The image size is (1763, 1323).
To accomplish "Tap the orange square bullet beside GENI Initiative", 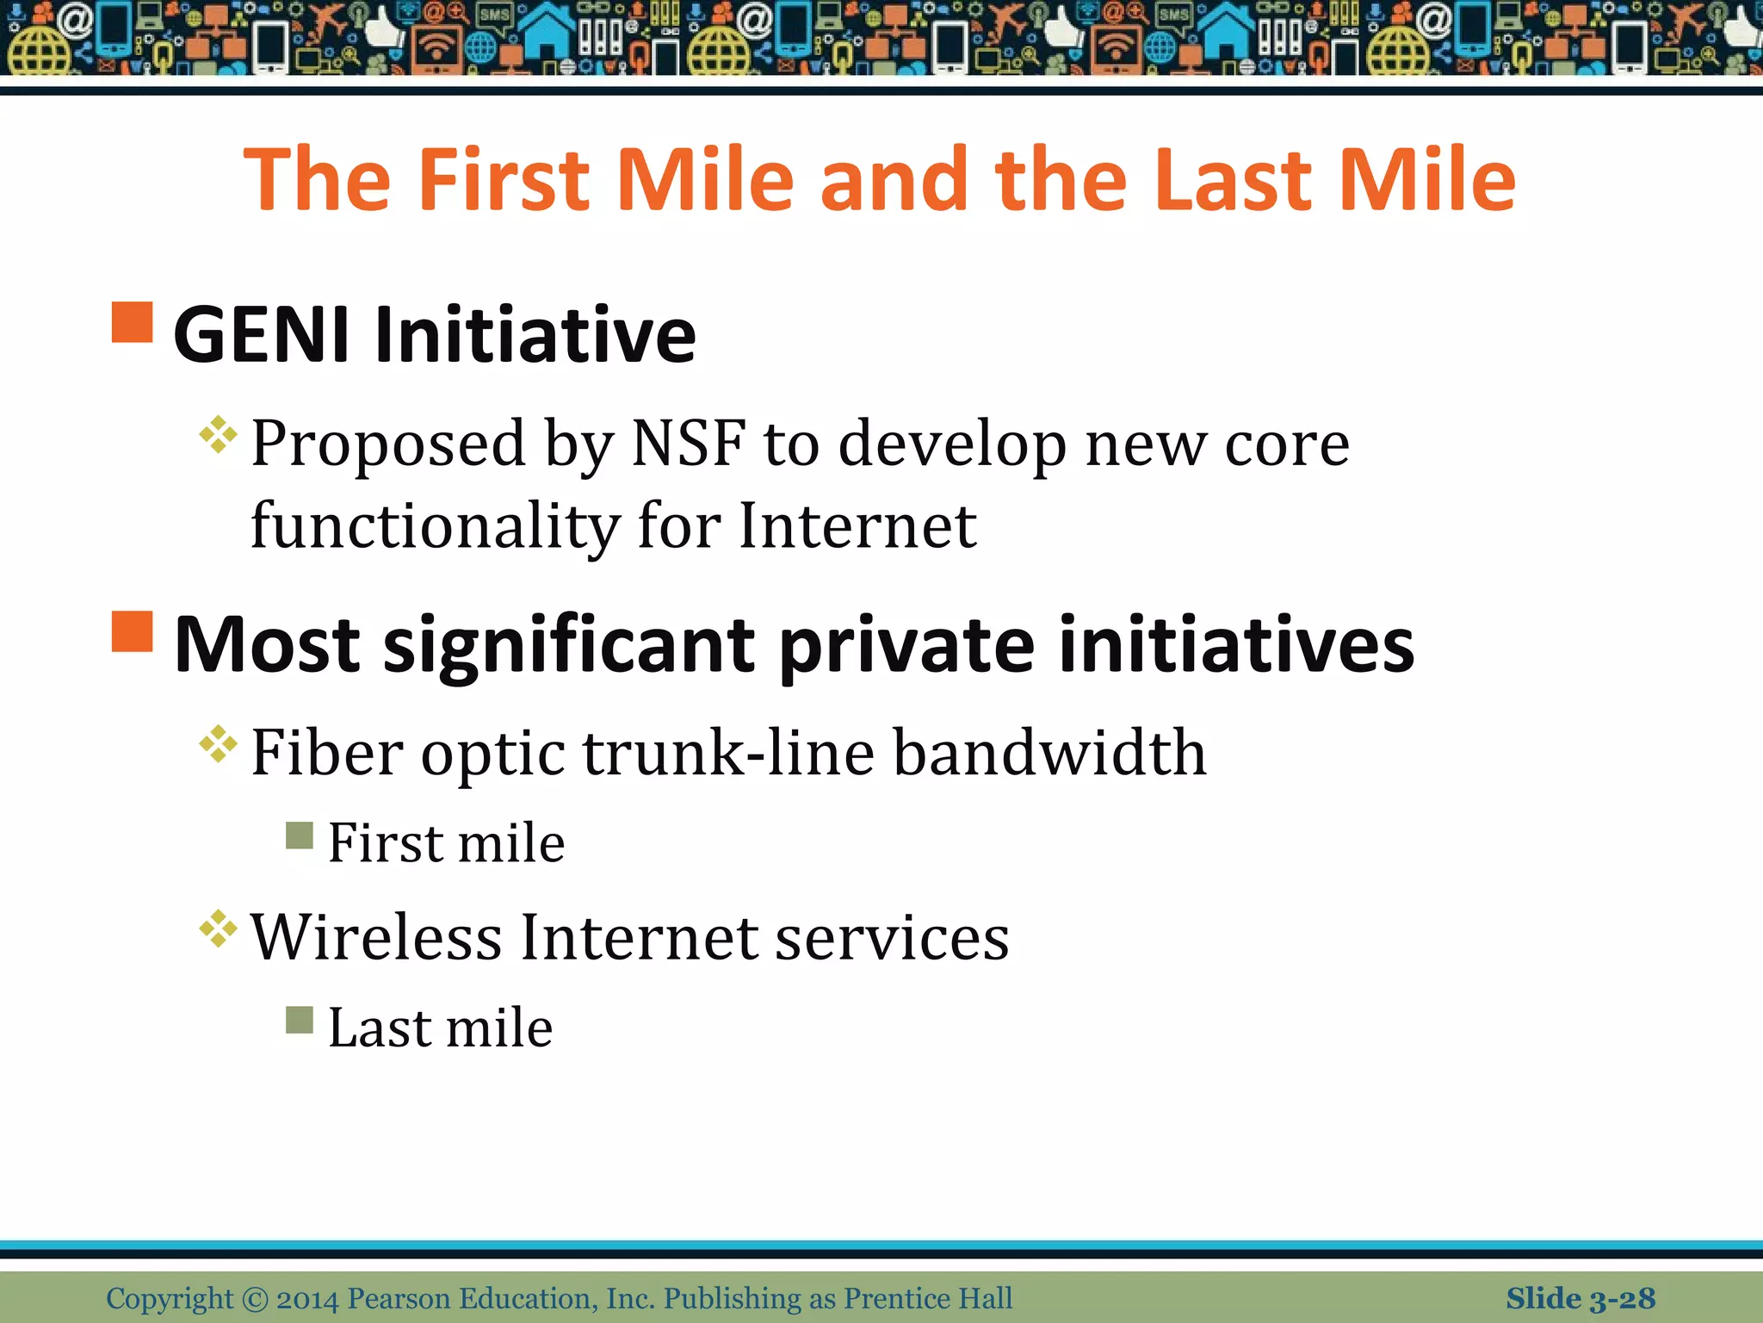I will coord(133,322).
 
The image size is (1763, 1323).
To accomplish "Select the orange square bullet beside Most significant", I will coord(133,631).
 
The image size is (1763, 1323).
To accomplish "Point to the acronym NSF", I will coord(688,444).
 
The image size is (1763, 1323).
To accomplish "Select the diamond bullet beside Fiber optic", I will coord(218,744).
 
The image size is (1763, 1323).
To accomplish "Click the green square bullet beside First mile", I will coord(300,835).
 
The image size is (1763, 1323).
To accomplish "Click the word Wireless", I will coord(375,937).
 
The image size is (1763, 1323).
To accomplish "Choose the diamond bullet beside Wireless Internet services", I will coord(218,929).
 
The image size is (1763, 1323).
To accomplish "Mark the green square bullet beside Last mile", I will coord(300,1020).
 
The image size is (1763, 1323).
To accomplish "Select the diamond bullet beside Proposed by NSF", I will coord(218,435).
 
